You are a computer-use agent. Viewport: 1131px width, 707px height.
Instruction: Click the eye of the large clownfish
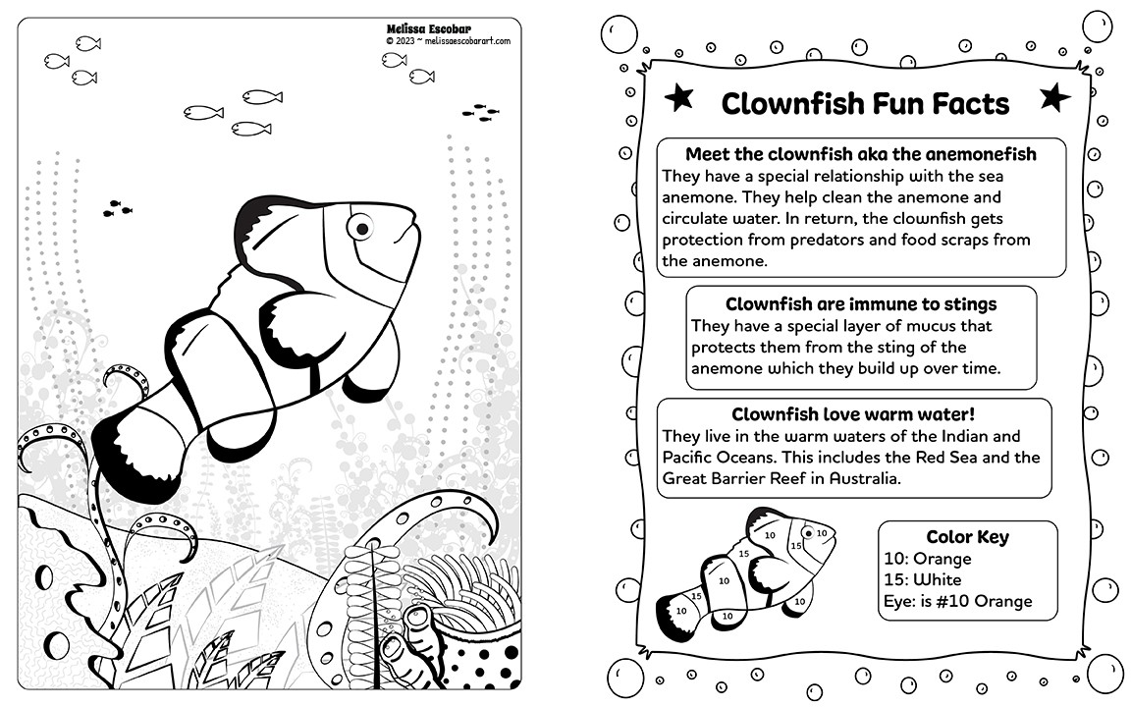(x=361, y=228)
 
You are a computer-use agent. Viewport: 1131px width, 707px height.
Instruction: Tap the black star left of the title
(x=678, y=97)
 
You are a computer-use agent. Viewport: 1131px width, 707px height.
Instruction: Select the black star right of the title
(x=1054, y=97)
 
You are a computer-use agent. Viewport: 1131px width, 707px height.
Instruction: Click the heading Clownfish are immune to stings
(x=861, y=304)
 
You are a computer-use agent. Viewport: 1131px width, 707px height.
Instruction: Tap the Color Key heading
(x=967, y=537)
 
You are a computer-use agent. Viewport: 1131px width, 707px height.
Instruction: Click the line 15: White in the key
(x=923, y=579)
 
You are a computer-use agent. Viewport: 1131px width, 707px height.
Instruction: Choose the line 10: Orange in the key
(x=928, y=559)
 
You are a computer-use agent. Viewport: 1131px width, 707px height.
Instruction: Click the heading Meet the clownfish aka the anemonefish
(x=860, y=154)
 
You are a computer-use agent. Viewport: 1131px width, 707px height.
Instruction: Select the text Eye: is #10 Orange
(x=958, y=601)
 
